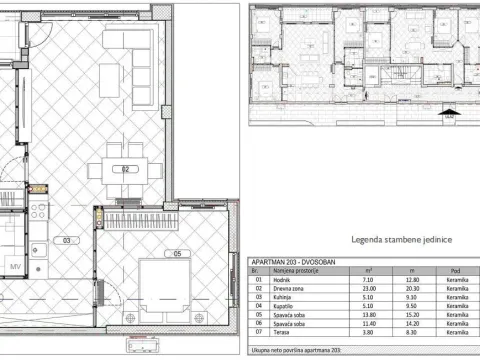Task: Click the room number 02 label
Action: pos(127,169)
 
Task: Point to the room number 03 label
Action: pos(68,241)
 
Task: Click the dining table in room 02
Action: pos(127,170)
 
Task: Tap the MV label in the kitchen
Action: pos(15,265)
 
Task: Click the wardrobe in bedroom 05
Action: pos(140,220)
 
